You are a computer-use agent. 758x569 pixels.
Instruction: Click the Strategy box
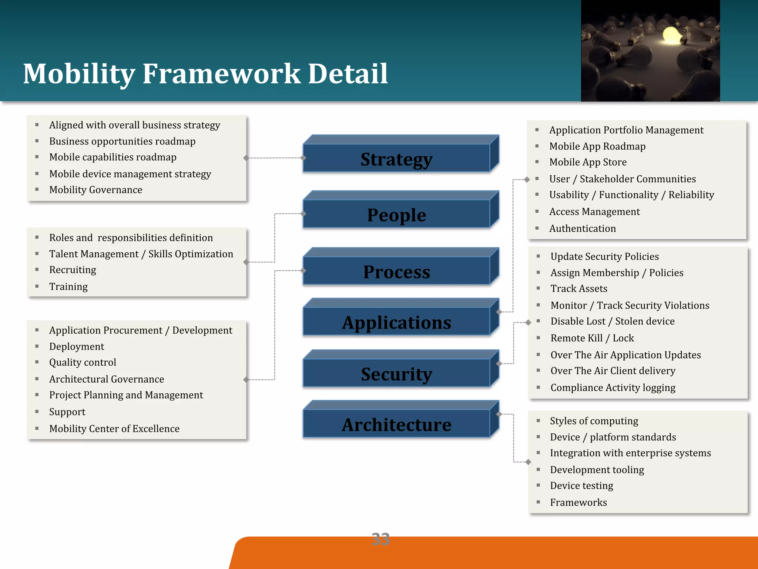coord(397,159)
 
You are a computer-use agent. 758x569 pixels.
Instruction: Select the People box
coord(397,214)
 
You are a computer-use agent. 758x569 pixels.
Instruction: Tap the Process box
coord(397,272)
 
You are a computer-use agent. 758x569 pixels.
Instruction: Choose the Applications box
coord(397,322)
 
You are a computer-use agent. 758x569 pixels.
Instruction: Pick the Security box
coord(397,373)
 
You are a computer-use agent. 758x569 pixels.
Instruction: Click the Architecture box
coord(397,424)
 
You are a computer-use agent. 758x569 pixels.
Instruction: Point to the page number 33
coord(380,539)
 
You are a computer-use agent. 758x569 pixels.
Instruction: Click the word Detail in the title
coord(348,74)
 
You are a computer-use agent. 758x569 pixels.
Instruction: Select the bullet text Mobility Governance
coord(95,190)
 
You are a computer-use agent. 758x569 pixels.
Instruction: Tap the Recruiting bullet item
coord(73,270)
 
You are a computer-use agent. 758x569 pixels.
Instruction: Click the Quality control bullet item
coord(83,362)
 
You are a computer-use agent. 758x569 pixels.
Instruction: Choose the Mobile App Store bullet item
coord(588,162)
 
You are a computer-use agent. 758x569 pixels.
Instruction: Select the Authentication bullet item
coord(583,228)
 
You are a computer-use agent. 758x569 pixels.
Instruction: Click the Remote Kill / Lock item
coord(592,338)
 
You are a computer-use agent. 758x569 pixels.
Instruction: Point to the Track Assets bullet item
coord(579,289)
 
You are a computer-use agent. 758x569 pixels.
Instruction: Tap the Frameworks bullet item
coord(578,502)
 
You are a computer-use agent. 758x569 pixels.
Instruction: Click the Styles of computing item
coord(594,421)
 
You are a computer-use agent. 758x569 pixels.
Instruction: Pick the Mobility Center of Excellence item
coord(114,429)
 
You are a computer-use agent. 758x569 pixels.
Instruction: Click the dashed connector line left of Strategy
coord(275,158)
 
